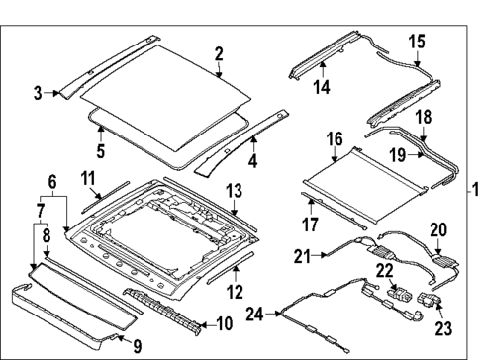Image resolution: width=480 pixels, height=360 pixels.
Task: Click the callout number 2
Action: pos(219,54)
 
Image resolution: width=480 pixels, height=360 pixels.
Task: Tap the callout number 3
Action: pos(38,94)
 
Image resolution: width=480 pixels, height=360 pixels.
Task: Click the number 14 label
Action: pos(321,86)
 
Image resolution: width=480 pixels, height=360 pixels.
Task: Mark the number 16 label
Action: pos(334,138)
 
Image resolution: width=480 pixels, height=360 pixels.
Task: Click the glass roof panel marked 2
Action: pos(168,94)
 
